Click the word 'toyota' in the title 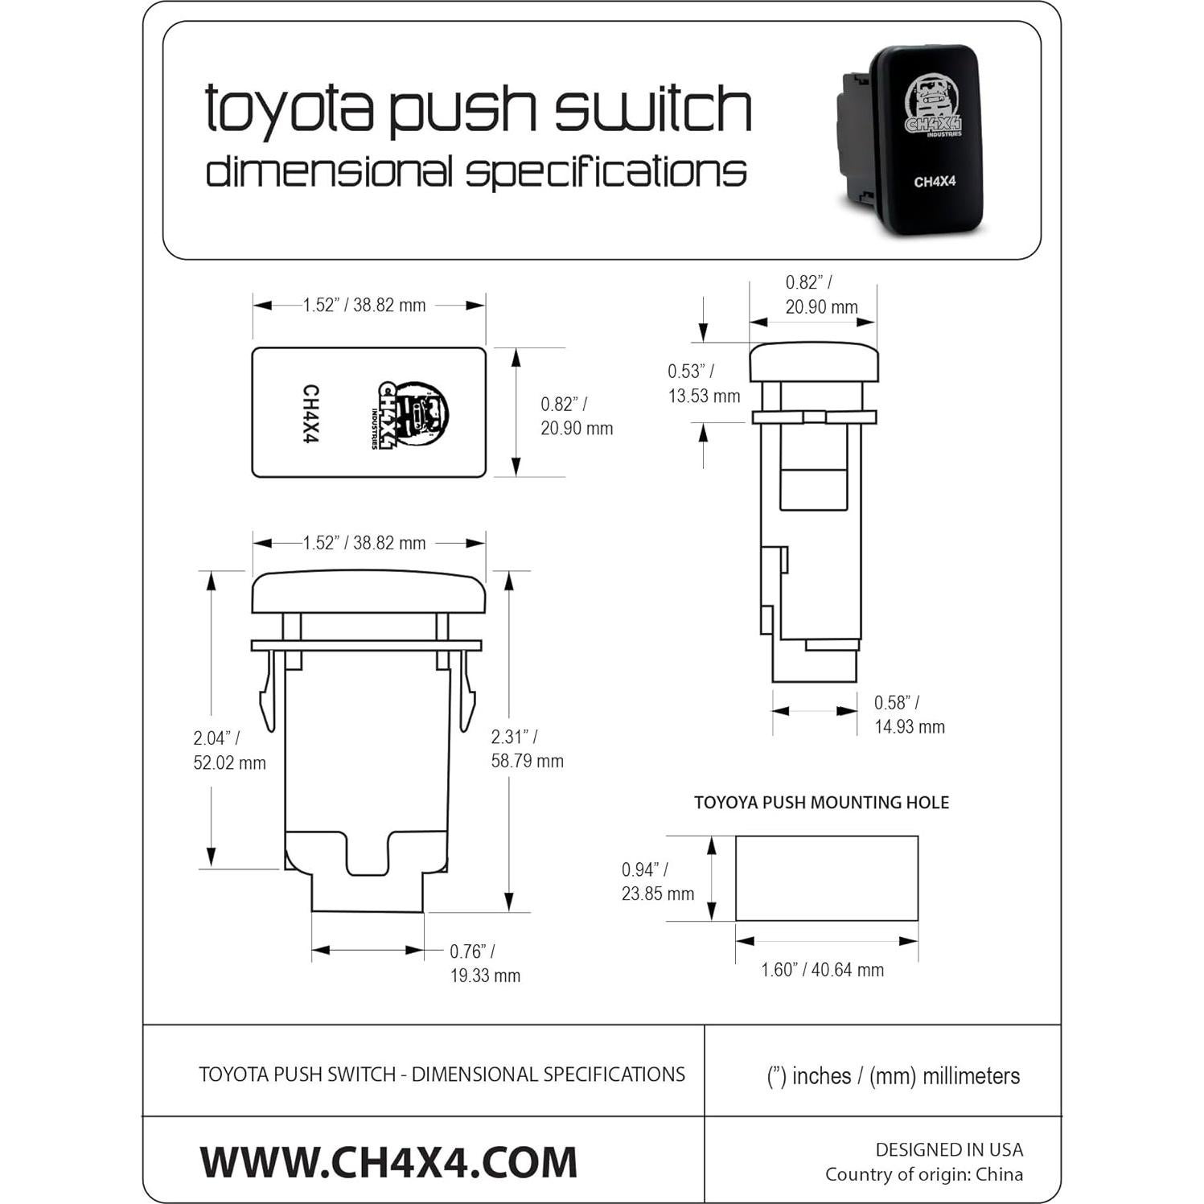[x=290, y=109]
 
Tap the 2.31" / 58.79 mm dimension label [x=527, y=749]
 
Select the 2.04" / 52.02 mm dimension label [x=228, y=750]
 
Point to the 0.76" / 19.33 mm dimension [x=484, y=964]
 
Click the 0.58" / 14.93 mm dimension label [x=909, y=714]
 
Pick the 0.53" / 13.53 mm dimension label [x=703, y=384]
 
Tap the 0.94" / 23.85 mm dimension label [x=657, y=881]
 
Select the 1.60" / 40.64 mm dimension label [x=822, y=970]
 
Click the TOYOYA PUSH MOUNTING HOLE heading [x=821, y=803]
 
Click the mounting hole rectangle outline [x=826, y=878]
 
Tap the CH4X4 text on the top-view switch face [x=310, y=413]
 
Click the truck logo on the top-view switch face [x=413, y=413]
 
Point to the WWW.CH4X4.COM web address [x=388, y=1162]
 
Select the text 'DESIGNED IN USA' [x=949, y=1150]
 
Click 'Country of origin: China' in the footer [x=923, y=1175]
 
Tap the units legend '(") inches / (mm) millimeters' [x=893, y=1076]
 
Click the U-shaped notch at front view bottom [x=368, y=854]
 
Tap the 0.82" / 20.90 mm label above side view [x=820, y=294]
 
